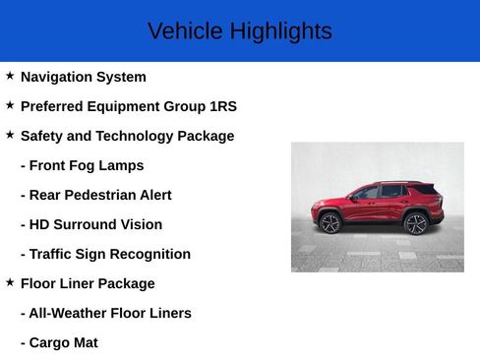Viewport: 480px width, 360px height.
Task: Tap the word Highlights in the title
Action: pyautogui.click(x=280, y=31)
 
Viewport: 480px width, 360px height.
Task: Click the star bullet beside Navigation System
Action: pyautogui.click(x=10, y=76)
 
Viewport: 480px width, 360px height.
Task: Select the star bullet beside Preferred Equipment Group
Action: pyautogui.click(x=10, y=105)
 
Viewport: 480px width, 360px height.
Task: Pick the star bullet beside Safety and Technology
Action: pyautogui.click(x=10, y=135)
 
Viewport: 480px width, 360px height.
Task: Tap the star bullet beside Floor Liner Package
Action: pyautogui.click(x=10, y=282)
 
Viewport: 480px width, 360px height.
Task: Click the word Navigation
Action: pyautogui.click(x=58, y=77)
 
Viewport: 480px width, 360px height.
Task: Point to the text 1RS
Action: pyautogui.click(x=223, y=106)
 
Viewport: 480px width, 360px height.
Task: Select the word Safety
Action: pyautogui.click(x=43, y=136)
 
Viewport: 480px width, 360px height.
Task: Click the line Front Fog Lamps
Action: pyautogui.click(x=82, y=165)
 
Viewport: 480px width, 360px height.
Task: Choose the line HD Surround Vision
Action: pyautogui.click(x=90, y=224)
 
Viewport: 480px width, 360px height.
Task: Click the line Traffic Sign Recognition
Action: pyautogui.click(x=105, y=254)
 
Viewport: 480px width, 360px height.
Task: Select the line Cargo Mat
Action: pyautogui.click(x=59, y=342)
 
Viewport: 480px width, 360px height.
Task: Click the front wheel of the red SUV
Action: pyautogui.click(x=330, y=223)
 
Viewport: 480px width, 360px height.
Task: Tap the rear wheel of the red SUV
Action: pyautogui.click(x=416, y=223)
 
